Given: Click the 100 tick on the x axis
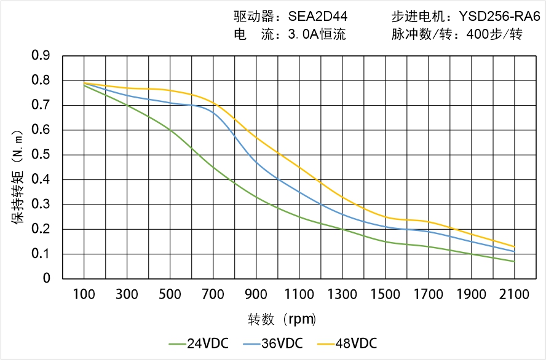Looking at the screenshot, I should click(84, 294).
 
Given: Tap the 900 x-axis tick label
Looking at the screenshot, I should click(256, 294).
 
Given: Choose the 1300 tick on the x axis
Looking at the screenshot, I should click(342, 294).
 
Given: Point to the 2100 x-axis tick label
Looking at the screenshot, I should click(514, 294).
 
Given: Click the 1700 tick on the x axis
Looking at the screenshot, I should click(428, 294).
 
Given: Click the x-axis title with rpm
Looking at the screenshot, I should click(282, 319).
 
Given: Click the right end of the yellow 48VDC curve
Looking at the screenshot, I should click(514, 247).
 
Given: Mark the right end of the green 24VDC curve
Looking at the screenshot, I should click(514, 262).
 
